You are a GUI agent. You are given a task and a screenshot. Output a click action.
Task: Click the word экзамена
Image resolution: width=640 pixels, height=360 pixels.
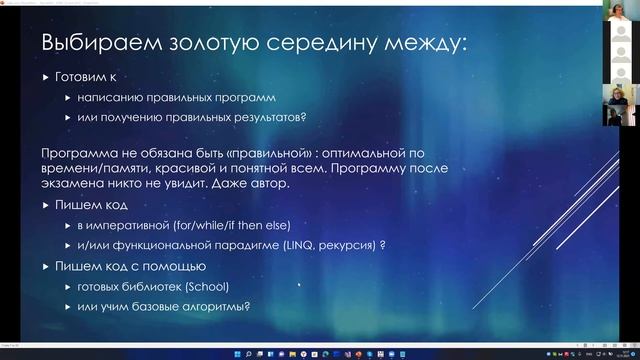coord(75,186)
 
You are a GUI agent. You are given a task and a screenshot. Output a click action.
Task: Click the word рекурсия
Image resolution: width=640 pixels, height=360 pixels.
coord(351,245)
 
